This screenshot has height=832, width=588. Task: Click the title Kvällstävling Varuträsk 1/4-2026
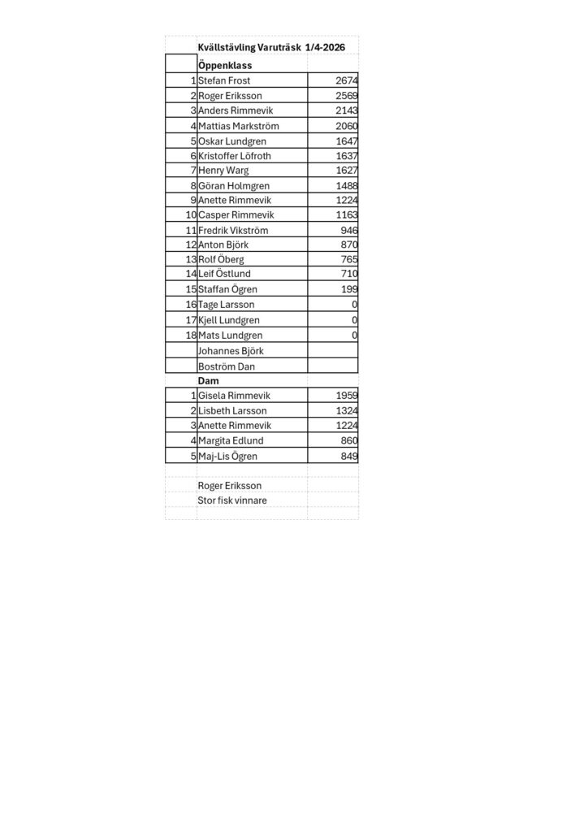tap(271, 48)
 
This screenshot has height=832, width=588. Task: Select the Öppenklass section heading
tap(225, 65)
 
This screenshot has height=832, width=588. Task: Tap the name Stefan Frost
tap(224, 80)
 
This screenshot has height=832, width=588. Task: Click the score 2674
tap(346, 80)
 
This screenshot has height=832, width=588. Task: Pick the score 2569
tap(346, 96)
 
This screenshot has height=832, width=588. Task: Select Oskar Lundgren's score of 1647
tap(346, 141)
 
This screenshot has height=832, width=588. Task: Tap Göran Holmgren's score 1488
tap(346, 185)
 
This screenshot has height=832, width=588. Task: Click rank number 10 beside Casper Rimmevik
tap(191, 215)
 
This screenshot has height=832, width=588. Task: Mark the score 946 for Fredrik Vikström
tap(350, 230)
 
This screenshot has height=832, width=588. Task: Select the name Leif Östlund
tap(224, 275)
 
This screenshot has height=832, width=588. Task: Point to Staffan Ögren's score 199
tap(350, 289)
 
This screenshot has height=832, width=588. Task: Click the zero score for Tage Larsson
tap(355, 305)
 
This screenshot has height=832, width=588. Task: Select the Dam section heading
tap(210, 380)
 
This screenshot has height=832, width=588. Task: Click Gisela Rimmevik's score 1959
tap(346, 396)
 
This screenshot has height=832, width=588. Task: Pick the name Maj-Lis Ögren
tap(228, 455)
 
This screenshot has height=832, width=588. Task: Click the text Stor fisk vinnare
tap(232, 500)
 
